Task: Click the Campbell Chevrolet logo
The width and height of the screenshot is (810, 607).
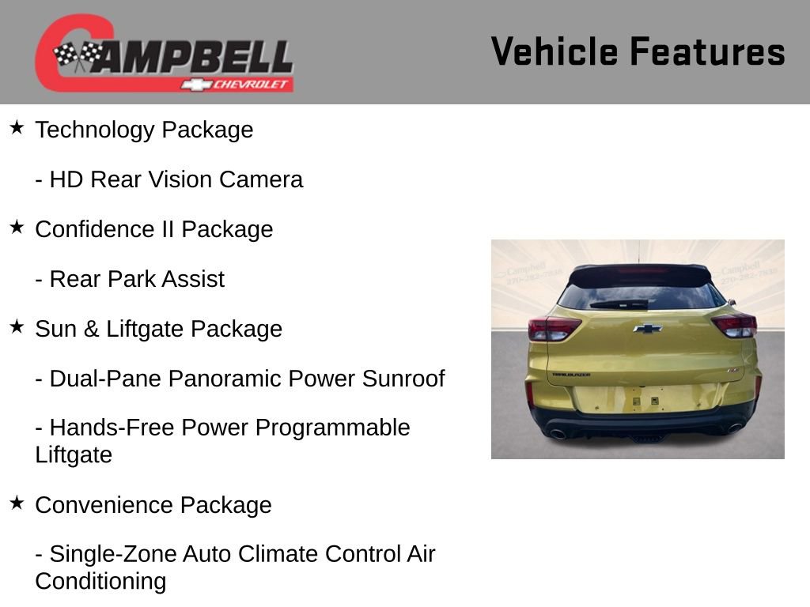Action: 164,53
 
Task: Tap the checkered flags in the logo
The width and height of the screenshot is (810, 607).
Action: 78,56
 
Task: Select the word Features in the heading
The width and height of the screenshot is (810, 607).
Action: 707,52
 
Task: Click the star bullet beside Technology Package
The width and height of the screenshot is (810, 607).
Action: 17,127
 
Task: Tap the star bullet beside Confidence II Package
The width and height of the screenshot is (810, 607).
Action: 17,227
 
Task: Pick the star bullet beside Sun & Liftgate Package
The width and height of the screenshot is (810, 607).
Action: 17,326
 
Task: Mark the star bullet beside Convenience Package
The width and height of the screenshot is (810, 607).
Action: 17,503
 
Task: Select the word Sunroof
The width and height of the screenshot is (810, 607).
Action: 403,379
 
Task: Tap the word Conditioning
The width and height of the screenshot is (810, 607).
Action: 100,581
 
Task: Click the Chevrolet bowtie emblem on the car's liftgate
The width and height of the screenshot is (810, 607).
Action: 647,328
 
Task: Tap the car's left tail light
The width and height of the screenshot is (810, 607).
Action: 552,328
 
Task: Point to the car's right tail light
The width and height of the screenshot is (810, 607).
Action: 736,325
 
